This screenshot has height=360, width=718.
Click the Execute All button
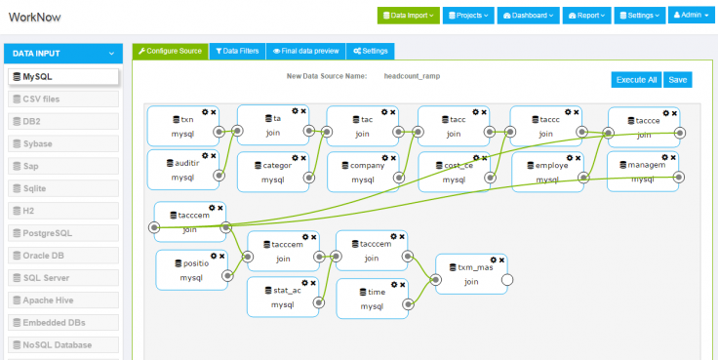[635, 80]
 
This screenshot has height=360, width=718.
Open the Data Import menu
[409, 16]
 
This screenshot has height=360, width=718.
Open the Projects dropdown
[469, 16]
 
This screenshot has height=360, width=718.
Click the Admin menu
[693, 16]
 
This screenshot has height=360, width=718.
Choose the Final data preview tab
[304, 50]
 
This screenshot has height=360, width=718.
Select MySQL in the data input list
[63, 76]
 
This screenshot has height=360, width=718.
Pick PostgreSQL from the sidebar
[63, 233]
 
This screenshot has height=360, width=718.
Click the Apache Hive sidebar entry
[63, 300]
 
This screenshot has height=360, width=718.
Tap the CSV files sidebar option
[63, 99]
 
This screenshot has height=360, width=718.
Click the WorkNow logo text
[38, 16]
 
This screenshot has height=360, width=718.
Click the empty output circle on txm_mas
[506, 281]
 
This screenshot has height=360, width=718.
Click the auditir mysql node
[182, 170]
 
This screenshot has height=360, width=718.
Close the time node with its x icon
[402, 284]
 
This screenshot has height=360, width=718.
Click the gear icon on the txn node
[204, 111]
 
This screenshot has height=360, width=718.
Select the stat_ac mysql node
[283, 298]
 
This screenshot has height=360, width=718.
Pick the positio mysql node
[191, 270]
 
